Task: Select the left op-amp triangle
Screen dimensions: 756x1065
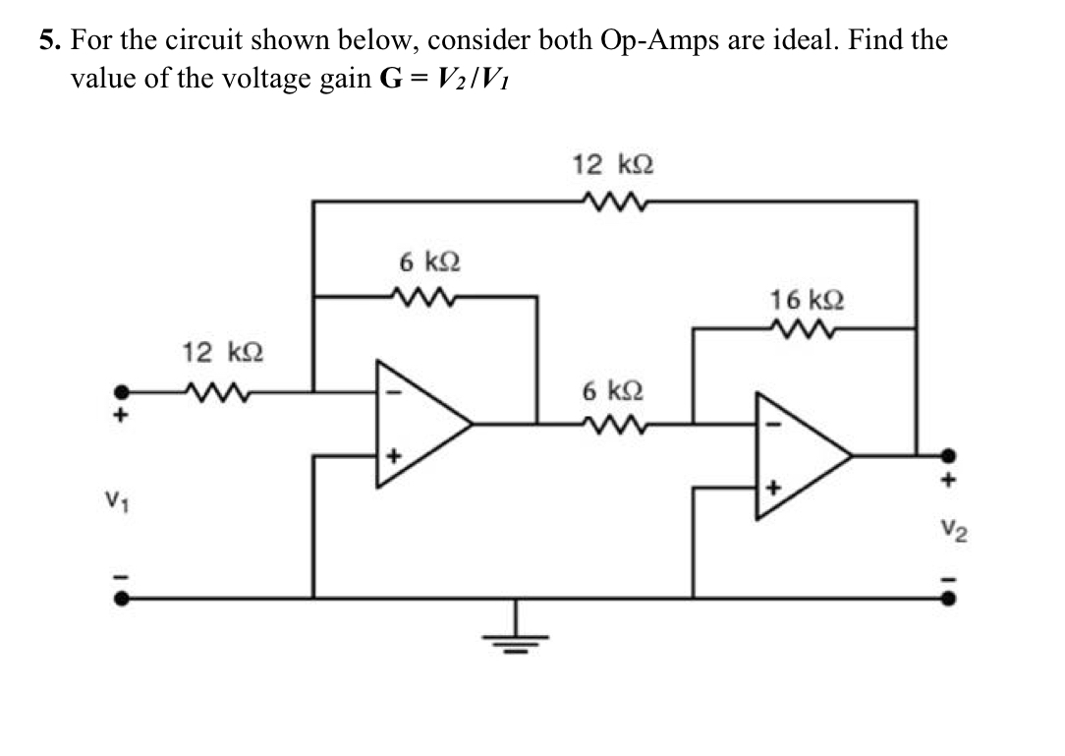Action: pos(417,424)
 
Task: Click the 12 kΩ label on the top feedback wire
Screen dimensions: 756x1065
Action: pos(613,164)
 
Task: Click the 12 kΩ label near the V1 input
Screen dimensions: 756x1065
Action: pos(214,351)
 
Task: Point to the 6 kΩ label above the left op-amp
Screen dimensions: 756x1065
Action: pos(430,262)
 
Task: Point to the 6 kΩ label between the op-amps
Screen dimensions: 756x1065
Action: pos(611,391)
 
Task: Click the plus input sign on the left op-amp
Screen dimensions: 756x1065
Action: pos(393,457)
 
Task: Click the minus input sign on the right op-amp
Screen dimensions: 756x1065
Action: pos(771,424)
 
